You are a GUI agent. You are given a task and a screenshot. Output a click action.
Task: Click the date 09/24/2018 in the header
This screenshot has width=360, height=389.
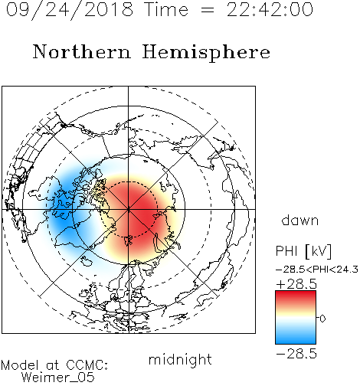(70, 10)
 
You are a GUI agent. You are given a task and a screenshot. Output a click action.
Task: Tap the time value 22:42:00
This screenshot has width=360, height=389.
(270, 10)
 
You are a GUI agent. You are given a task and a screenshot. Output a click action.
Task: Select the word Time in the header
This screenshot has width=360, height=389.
(166, 10)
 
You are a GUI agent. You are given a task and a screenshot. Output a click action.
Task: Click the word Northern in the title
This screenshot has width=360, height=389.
(82, 52)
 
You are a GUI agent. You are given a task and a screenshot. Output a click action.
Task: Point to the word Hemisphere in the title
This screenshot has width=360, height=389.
(206, 53)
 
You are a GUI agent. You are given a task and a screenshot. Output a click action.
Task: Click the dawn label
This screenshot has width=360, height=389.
(300, 221)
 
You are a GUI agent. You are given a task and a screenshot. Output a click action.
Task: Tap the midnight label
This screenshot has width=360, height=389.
(180, 359)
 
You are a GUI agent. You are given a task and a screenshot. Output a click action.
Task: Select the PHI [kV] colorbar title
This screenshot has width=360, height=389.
(303, 251)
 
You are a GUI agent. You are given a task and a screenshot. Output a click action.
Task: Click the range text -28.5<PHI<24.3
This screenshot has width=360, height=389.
(317, 270)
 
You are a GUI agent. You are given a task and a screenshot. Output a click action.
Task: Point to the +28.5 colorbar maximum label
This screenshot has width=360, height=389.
(296, 284)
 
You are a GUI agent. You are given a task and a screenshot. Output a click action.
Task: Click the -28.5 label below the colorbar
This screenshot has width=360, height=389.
(296, 354)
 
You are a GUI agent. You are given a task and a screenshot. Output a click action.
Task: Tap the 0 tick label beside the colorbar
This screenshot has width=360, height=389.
(322, 319)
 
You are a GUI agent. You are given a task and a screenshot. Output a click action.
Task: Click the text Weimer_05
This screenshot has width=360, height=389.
(58, 378)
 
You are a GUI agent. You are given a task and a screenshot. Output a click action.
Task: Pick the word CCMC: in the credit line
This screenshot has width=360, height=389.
(87, 365)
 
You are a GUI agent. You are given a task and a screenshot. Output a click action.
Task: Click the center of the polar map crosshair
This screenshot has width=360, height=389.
(128, 209)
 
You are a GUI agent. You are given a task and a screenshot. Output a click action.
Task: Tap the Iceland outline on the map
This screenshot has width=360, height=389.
(87, 261)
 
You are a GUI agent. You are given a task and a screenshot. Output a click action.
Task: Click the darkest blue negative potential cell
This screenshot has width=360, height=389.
(63, 220)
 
